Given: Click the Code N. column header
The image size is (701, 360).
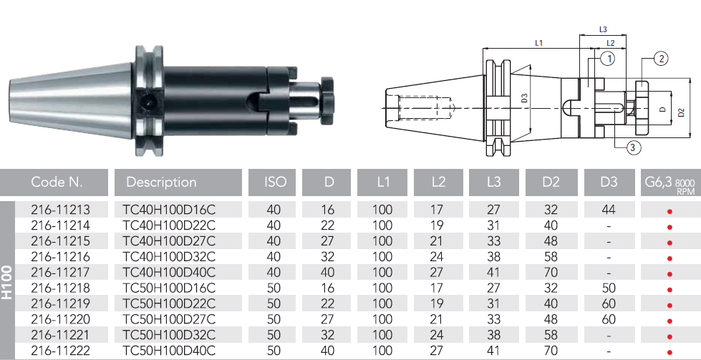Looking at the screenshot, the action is [57, 183].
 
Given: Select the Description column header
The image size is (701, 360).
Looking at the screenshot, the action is [161, 183].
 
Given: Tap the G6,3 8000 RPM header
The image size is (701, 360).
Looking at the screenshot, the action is [669, 183].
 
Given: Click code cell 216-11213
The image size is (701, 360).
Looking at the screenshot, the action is [60, 210].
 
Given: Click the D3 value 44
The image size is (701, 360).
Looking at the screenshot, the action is [609, 210].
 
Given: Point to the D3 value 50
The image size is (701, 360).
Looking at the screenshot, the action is [609, 288].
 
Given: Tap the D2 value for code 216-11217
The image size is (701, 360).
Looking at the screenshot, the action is [551, 273].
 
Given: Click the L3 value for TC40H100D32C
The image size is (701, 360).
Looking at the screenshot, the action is [493, 257].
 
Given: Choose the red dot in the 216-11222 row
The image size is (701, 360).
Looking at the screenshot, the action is [669, 352].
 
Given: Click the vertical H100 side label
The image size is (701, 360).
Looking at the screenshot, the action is [6, 282].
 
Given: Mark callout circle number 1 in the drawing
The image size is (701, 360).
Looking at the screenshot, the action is [608, 59].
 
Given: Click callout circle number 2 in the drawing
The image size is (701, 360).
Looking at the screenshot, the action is [661, 58].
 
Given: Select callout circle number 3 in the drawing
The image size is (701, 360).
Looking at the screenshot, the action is [634, 147].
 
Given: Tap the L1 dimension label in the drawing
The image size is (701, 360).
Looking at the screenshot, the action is [538, 43].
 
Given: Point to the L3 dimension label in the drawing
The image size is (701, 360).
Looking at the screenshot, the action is [603, 29].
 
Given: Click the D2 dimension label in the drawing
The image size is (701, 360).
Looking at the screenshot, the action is [682, 112].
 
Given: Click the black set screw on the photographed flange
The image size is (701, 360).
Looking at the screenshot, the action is [147, 102].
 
